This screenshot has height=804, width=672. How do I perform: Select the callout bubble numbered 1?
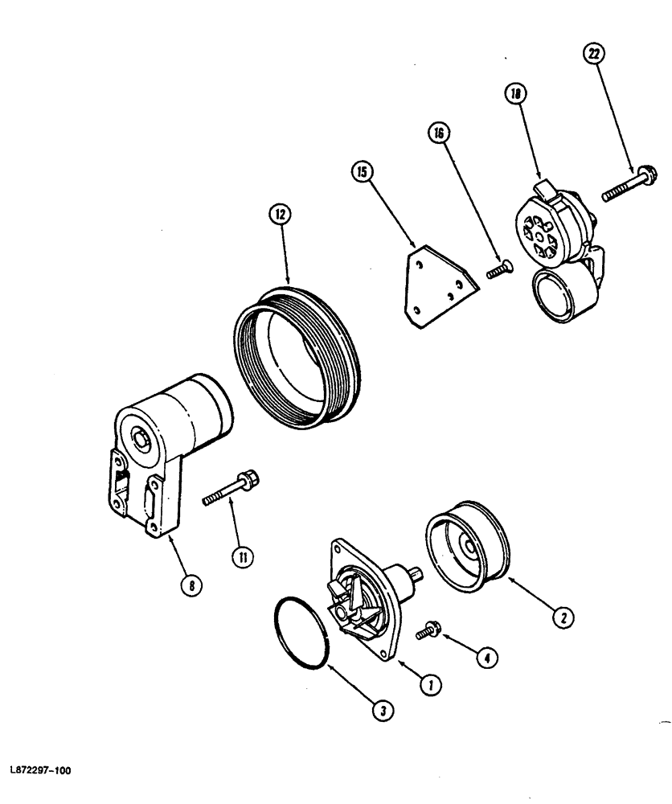pos(431,684)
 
